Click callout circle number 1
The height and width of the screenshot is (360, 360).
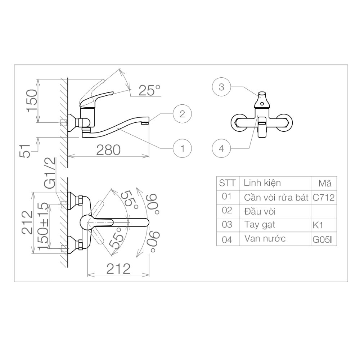point(183,148)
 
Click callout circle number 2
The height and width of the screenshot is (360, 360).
point(183,114)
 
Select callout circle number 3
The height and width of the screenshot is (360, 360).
point(221,87)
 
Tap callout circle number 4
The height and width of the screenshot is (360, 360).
point(221,148)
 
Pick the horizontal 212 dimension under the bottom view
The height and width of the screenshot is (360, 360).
point(118,268)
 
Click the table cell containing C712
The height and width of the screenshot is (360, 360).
point(324,197)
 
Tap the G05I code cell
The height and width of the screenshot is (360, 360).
point(324,239)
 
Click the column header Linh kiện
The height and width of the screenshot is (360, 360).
point(262,183)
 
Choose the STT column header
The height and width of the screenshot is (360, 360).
point(228,183)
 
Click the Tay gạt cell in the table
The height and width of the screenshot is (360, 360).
point(259,225)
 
